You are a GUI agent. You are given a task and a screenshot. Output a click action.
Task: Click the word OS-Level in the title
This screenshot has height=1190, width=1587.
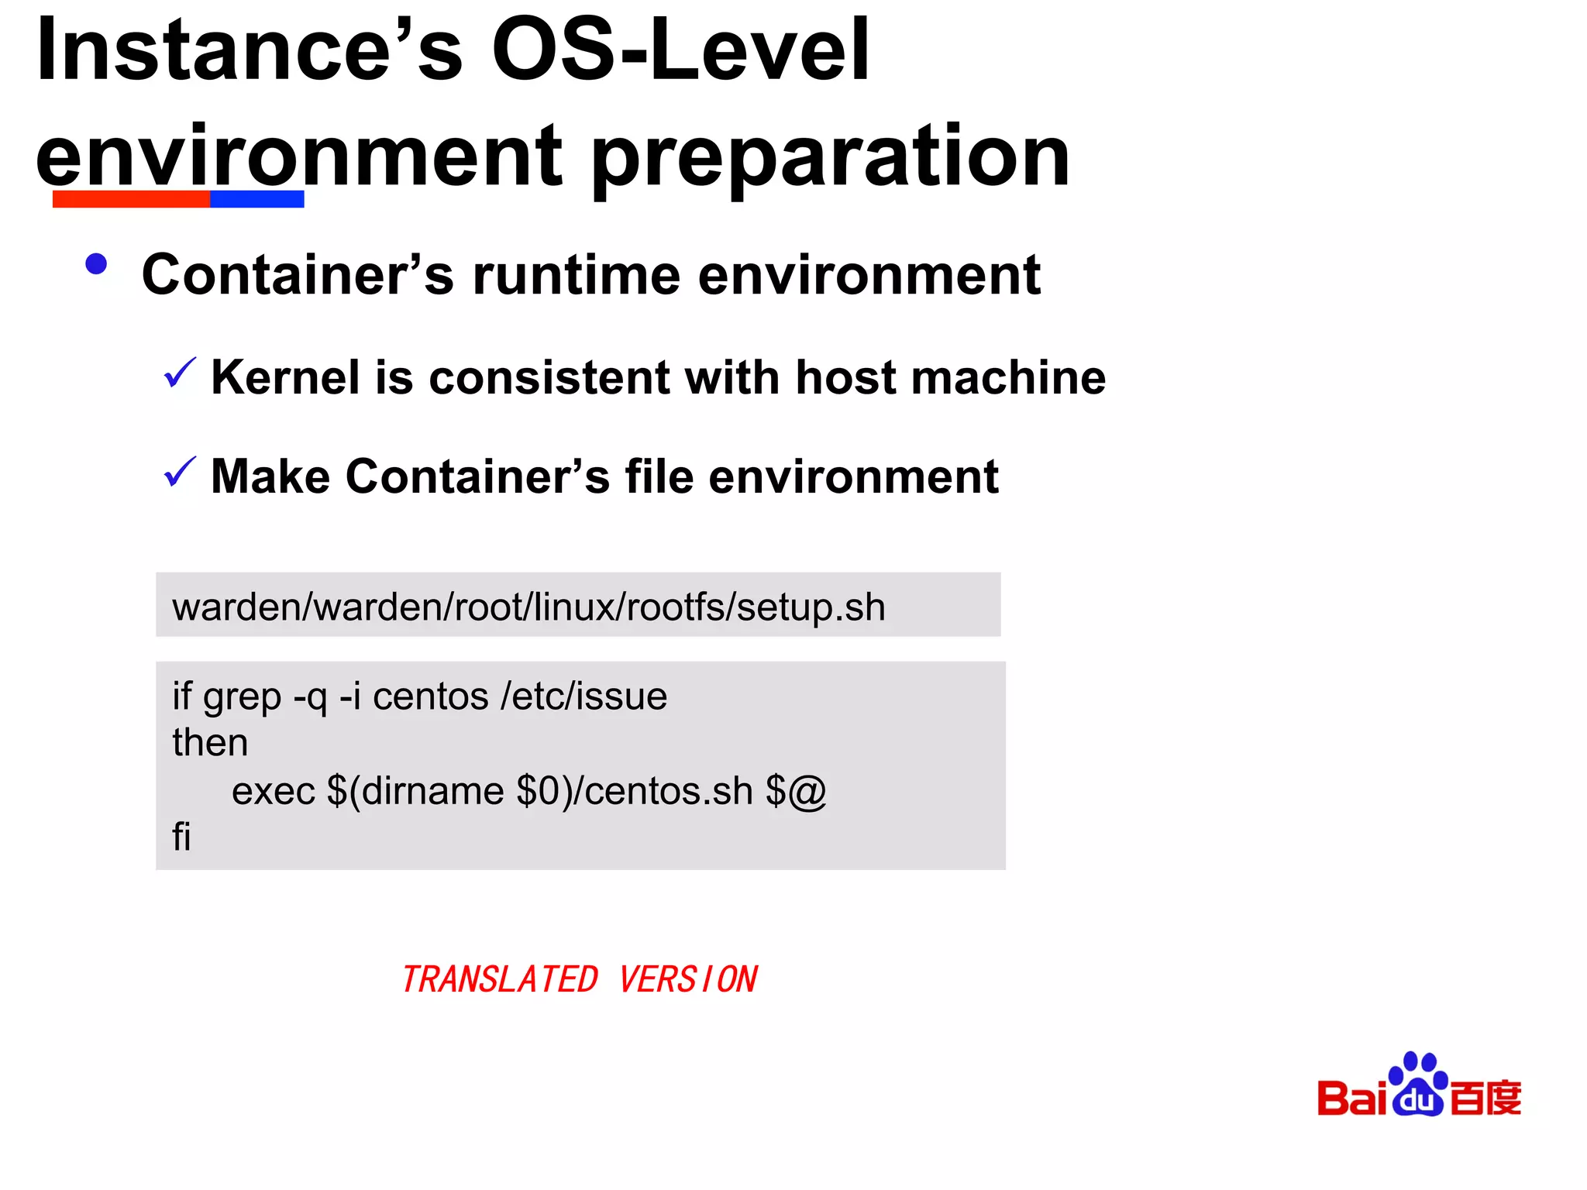click(680, 50)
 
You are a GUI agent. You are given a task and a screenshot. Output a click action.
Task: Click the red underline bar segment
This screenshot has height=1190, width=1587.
click(131, 199)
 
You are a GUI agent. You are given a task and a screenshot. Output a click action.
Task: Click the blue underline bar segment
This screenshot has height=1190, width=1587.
click(256, 199)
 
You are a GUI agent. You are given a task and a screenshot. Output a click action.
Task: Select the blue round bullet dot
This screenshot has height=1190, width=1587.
click(96, 265)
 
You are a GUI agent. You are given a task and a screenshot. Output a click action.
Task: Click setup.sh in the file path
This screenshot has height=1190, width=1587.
click(811, 607)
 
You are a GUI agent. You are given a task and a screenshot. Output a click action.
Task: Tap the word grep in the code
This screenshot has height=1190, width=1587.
click(242, 697)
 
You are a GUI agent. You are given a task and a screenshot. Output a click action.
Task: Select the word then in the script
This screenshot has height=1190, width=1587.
click(210, 742)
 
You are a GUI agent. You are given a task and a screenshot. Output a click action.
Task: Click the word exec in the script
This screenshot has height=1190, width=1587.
click(273, 791)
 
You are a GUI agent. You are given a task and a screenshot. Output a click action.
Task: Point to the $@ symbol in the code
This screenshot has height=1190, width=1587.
click(796, 791)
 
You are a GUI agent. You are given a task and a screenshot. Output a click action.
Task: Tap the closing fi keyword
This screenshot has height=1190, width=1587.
click(181, 837)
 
